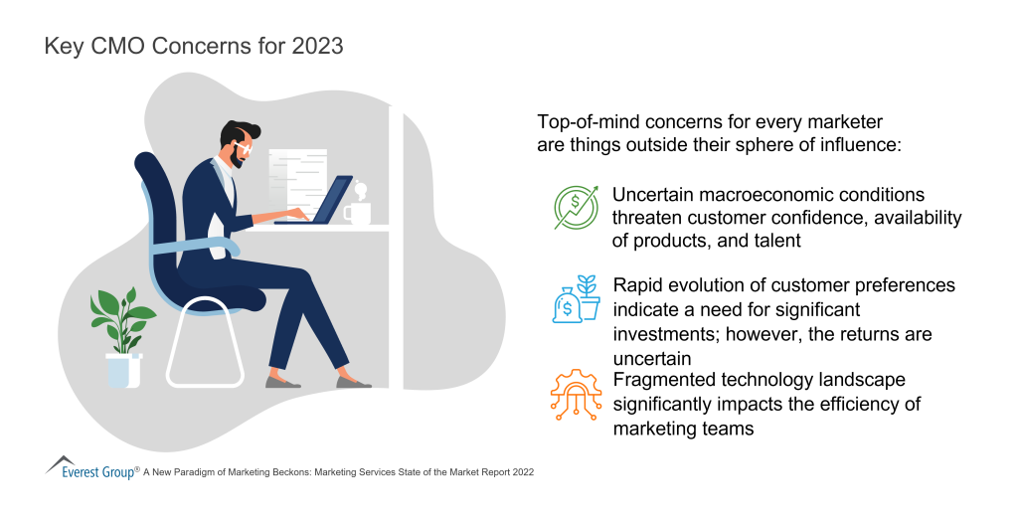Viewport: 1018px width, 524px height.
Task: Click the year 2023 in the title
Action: [317, 46]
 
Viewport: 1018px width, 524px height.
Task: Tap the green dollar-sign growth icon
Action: [576, 207]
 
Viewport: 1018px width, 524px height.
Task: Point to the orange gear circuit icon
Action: [576, 394]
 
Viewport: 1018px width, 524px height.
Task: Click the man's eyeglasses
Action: [245, 149]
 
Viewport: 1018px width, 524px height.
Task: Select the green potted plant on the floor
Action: [122, 338]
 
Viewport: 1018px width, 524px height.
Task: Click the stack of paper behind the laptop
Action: [297, 184]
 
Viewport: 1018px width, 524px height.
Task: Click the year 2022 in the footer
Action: [523, 472]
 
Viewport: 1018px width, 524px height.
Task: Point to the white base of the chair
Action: [205, 343]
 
